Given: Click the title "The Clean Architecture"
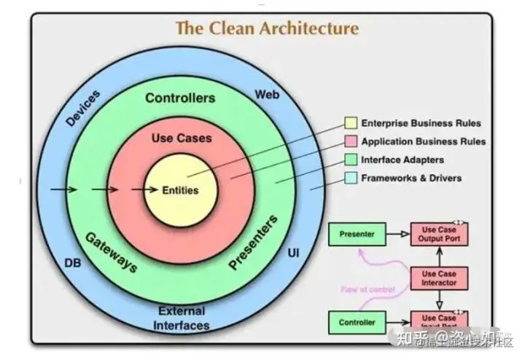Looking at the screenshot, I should coord(268,29).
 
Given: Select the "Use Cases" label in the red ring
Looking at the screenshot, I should coord(181,138).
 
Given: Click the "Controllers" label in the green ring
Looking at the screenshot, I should coord(180,98).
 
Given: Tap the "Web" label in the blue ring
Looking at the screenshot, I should coord(266,95).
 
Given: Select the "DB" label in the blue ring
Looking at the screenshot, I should coord(73,263).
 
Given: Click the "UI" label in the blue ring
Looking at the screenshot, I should coord(294,252).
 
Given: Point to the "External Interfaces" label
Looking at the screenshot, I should coord(182,318).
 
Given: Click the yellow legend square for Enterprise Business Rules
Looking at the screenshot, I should coord(351,123).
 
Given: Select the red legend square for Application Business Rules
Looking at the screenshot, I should coord(351,141).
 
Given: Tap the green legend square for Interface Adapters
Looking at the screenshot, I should coord(351,160).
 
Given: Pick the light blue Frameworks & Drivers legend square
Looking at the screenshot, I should coord(351,178).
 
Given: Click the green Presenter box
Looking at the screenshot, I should coord(357,234).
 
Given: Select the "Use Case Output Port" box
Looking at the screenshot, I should coord(439,234).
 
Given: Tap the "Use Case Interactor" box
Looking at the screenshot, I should coord(439,278).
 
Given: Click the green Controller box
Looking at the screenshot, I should coord(357,321).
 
